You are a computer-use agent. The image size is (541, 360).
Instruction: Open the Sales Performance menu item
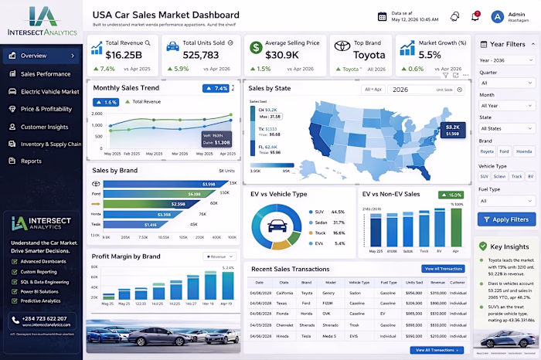coord(45,74)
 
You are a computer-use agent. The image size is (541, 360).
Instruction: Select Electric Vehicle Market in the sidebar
coord(49,92)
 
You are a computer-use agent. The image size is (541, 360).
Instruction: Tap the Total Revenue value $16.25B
coord(124,55)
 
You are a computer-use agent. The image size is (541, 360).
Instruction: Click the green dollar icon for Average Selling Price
coord(255,48)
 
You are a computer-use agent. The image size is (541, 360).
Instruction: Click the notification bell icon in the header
coord(454,16)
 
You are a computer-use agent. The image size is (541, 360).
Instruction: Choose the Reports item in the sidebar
coord(31,161)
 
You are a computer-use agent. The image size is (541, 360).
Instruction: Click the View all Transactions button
coord(443,269)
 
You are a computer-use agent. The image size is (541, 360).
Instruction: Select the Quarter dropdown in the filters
coord(506,83)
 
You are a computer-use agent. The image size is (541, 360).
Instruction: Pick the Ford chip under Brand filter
coord(504,151)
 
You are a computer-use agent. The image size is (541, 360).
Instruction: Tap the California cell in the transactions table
coord(284,294)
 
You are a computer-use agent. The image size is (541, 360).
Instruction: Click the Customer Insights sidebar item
coord(44,127)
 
